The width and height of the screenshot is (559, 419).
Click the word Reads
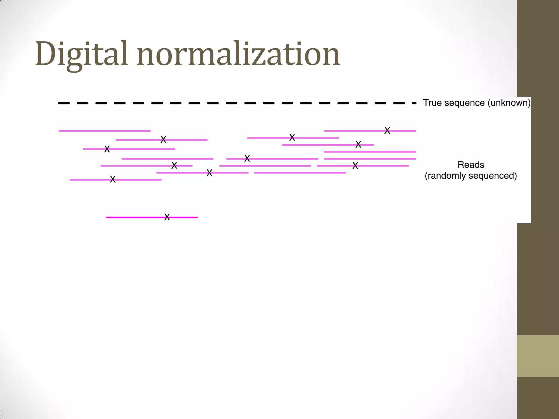tap(471, 165)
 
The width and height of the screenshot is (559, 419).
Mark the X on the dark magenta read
tap(167, 217)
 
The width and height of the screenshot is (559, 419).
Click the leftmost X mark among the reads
tap(107, 149)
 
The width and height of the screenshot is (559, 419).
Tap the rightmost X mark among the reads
tap(387, 130)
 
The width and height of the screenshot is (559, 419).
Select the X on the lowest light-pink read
tap(113, 179)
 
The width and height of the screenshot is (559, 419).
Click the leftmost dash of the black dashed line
tap(64, 103)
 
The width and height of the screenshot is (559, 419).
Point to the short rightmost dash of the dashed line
tap(414, 103)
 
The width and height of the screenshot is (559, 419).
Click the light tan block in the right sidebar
tap(538, 356)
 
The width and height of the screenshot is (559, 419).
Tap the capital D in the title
tap(45, 54)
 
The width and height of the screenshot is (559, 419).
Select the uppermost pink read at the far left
tap(105, 131)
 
